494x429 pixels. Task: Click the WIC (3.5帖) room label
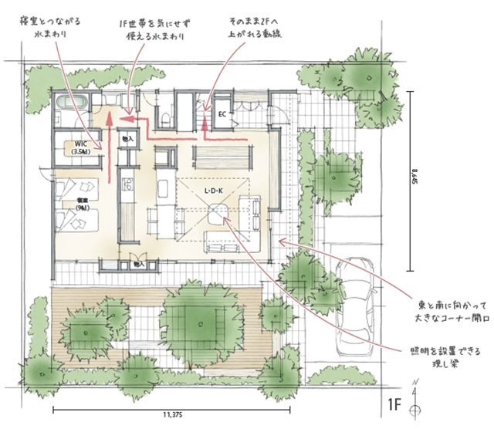pyautogui.click(x=80, y=148)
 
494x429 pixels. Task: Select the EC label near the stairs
pyautogui.click(x=222, y=115)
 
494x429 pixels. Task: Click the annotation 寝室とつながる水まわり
pyautogui.click(x=52, y=29)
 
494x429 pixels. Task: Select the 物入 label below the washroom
pyautogui.click(x=127, y=140)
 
